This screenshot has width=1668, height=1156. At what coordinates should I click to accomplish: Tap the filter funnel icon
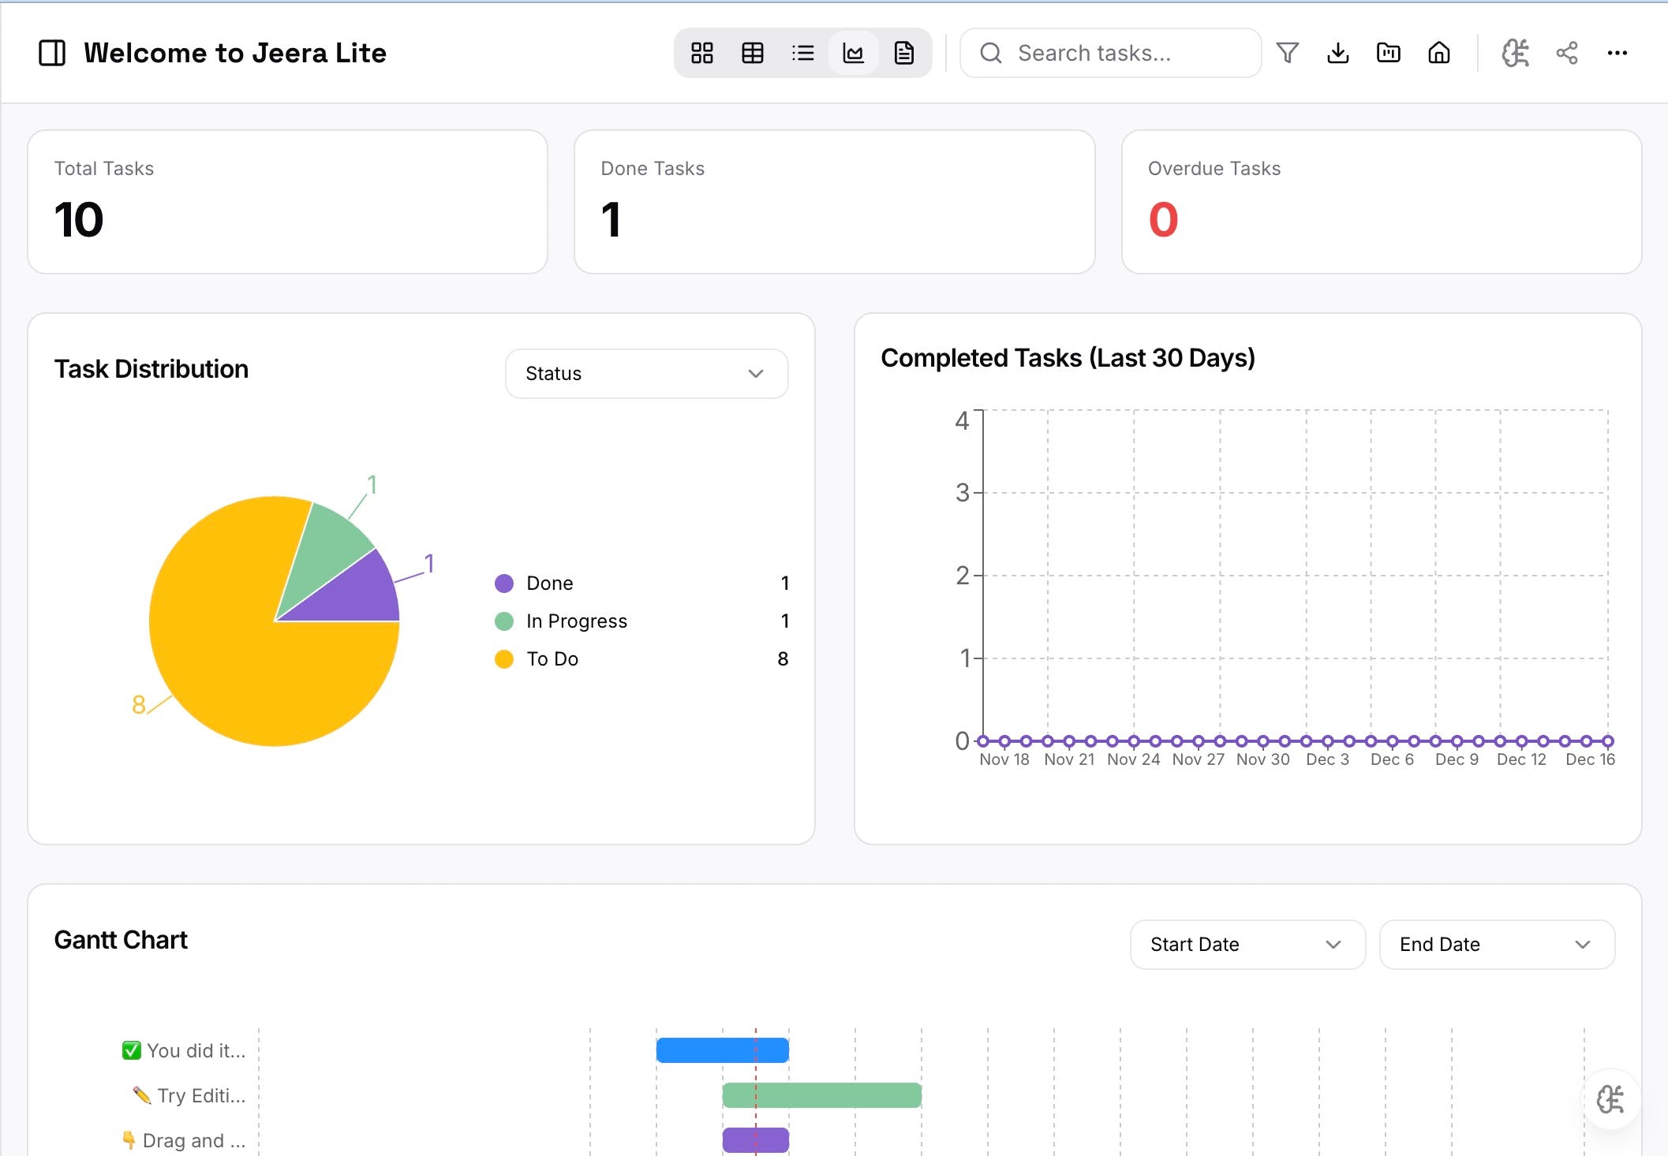tap(1287, 53)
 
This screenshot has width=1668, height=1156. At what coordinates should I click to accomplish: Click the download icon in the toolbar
tap(1337, 53)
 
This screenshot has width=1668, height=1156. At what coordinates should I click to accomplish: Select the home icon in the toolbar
tap(1438, 53)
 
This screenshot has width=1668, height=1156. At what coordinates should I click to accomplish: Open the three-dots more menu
tap(1617, 53)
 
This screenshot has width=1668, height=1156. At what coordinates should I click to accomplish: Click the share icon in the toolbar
tap(1566, 53)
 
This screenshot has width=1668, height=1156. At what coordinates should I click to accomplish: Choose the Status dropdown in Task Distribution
tap(646, 374)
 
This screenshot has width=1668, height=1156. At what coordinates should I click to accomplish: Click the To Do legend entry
tap(552, 659)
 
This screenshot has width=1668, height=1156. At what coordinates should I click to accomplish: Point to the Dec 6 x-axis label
tap(1392, 759)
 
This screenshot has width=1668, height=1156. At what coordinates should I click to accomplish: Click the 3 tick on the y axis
tap(962, 493)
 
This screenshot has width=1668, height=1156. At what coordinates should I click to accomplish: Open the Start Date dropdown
tap(1247, 945)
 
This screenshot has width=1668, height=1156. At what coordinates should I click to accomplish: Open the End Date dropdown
tap(1496, 945)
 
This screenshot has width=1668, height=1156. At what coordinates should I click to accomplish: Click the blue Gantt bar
tap(722, 1050)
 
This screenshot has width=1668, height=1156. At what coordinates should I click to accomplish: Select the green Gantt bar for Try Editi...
tap(821, 1095)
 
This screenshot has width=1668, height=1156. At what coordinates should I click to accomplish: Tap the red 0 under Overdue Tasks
tap(1163, 219)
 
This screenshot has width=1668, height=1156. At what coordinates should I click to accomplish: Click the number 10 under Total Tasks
tap(79, 219)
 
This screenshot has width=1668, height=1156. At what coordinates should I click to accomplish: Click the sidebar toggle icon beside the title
tap(52, 53)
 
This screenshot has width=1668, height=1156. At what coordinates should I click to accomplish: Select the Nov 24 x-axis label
tap(1133, 759)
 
